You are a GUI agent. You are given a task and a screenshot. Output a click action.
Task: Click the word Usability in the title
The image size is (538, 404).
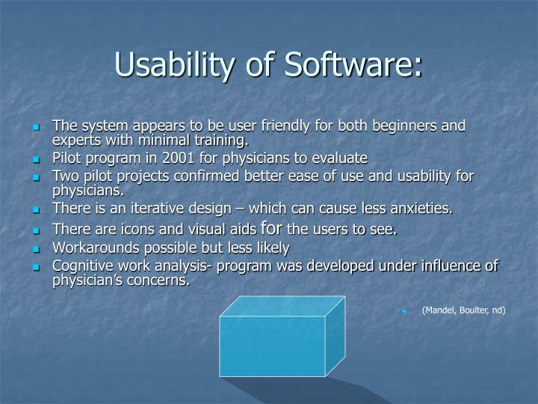[x=174, y=64]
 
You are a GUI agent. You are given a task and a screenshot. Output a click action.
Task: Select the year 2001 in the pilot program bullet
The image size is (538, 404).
[x=178, y=158]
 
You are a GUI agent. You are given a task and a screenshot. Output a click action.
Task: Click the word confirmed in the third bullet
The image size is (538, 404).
[x=206, y=176]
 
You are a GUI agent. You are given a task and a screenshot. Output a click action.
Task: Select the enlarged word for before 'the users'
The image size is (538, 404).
[x=271, y=227]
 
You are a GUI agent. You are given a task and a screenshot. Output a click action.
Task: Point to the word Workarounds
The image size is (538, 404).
[x=96, y=248]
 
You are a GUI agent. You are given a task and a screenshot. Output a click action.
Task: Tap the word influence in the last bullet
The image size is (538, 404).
[x=448, y=266]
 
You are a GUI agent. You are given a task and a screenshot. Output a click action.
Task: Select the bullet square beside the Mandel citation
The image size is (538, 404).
[x=404, y=311]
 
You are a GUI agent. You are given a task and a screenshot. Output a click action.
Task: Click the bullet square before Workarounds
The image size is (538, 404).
[x=36, y=249]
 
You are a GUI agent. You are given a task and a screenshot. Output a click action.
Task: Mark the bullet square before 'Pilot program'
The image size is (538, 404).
[x=36, y=159]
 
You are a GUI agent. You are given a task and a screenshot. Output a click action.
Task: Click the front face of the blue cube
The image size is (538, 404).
[x=273, y=346]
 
